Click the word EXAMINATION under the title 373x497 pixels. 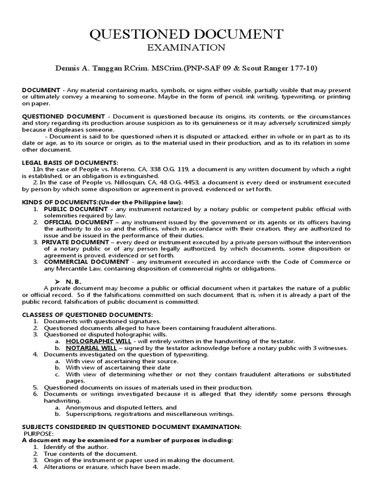186,48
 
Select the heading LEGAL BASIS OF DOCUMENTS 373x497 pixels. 70,162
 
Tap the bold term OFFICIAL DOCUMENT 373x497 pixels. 78,222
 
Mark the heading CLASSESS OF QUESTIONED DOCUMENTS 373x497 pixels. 87,315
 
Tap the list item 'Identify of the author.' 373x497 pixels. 76,447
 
